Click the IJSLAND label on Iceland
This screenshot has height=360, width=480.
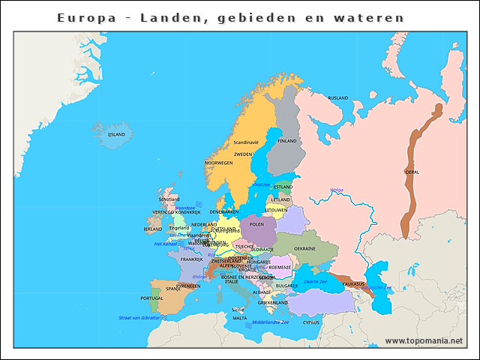pos(117,134)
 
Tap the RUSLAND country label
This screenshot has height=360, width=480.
pos(338,98)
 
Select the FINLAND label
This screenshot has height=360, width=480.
pos(287,141)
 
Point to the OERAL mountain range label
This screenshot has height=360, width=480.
pos(412,172)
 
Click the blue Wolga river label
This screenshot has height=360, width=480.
pos(337,190)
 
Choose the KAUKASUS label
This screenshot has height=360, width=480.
pos(353,283)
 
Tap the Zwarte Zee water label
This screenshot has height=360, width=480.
pos(315,281)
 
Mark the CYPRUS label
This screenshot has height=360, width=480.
pos(310,322)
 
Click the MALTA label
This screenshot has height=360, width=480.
pos(239,318)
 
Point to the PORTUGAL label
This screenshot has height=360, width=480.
pos(152,298)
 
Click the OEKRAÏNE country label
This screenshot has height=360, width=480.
pos(304,248)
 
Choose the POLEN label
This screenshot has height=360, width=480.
pos(257,223)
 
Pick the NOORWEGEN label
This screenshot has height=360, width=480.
pos(219,163)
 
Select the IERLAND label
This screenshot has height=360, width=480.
pos(153,229)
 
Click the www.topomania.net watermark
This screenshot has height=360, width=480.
pos(424,340)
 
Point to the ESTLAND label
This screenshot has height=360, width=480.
pos(283,186)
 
